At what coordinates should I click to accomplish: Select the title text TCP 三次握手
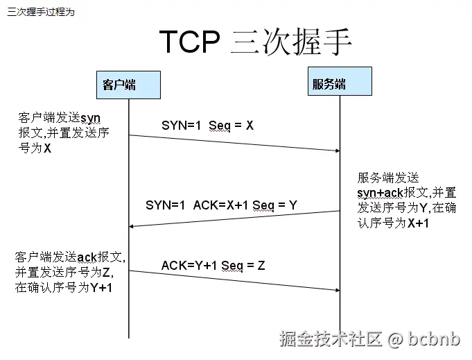tap(256, 42)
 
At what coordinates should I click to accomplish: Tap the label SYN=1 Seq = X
tap(208, 125)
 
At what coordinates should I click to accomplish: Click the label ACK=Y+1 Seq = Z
tap(213, 265)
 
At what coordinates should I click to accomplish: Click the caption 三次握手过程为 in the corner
tap(40, 12)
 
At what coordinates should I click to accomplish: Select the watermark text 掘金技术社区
tap(331, 340)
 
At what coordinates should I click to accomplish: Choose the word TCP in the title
tap(189, 42)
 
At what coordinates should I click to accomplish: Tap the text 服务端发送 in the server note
tap(388, 178)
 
